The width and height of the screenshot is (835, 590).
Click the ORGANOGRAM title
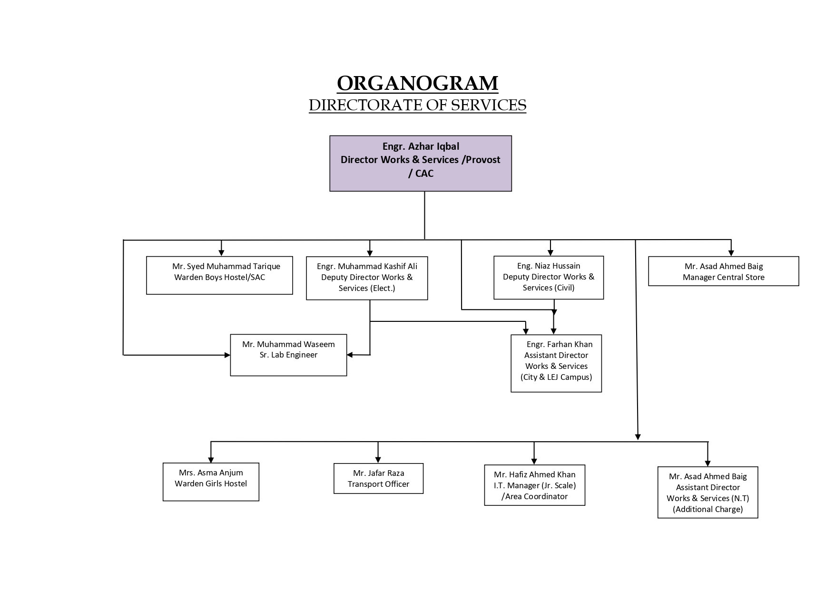pos(417,83)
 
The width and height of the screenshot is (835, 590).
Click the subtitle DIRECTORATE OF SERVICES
pos(417,105)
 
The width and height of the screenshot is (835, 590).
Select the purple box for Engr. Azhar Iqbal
pos(421,164)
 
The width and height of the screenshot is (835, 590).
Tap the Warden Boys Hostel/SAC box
pos(219,275)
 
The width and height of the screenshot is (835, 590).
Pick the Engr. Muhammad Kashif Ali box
pos(367,278)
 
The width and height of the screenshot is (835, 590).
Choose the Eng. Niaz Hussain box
pos(549,278)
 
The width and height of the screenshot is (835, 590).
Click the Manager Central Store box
pos(723,271)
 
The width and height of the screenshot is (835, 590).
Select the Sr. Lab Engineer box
pos(288,355)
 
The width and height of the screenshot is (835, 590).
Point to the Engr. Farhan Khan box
pos(556,363)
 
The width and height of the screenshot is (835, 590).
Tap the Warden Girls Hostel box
pos(211,482)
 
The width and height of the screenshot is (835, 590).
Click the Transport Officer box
pos(378,478)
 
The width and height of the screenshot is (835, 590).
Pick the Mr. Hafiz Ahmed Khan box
pos(534,485)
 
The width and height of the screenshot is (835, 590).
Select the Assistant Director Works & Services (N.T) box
pos(707,492)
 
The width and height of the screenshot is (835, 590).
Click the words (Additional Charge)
pos(707,509)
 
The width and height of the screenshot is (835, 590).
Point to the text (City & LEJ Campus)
pos(556,377)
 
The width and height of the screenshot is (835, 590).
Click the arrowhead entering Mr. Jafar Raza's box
pos(378,459)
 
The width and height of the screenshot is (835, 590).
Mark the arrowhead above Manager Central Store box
pos(731,253)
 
